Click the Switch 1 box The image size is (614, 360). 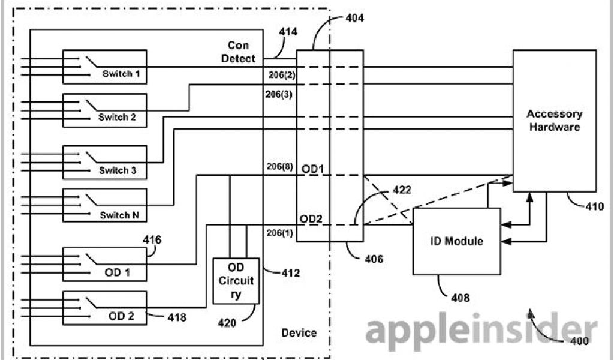(106, 67)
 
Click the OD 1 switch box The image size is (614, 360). (106, 264)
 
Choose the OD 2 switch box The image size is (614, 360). (106, 307)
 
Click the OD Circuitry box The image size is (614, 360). (236, 281)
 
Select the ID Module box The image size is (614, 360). (457, 241)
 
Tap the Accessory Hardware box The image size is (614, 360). (554, 120)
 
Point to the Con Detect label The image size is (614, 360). (242, 52)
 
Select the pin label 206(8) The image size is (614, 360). (279, 167)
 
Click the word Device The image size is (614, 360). (299, 332)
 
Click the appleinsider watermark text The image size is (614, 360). (474, 331)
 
